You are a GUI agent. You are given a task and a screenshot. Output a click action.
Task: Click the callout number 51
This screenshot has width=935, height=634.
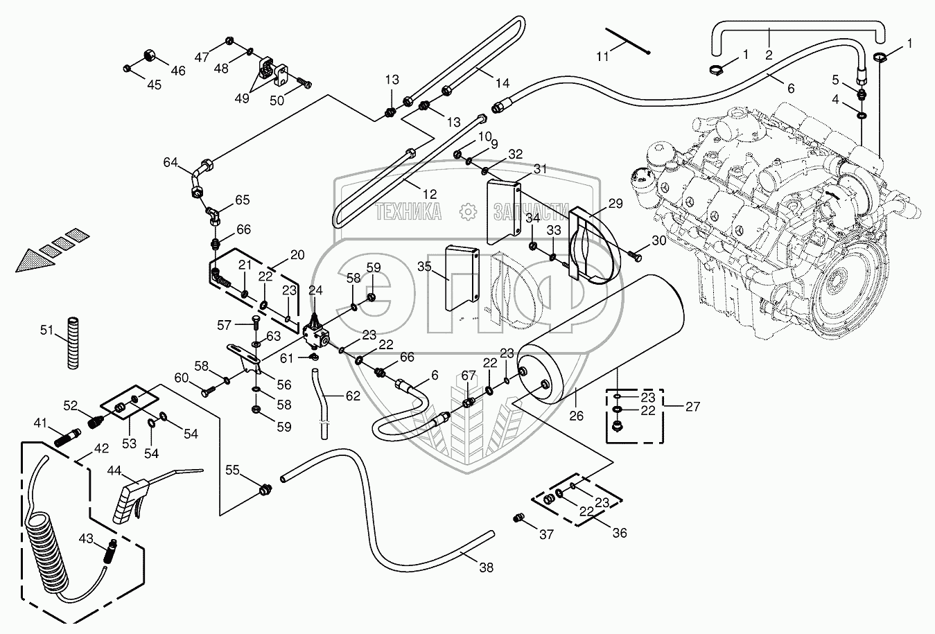tap(46, 330)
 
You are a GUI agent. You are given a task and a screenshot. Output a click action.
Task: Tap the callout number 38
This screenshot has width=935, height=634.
tap(487, 567)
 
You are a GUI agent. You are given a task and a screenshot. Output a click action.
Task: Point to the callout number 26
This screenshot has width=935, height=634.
tap(577, 416)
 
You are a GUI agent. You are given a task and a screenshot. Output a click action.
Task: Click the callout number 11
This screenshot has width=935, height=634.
tap(603, 57)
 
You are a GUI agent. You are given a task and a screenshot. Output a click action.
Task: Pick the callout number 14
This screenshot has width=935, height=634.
tap(502, 83)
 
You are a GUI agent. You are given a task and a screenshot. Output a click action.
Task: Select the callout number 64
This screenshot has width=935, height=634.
tap(171, 163)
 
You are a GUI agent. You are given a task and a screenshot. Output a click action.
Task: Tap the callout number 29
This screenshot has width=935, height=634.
tap(615, 204)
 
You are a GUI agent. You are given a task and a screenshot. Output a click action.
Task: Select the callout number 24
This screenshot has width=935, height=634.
tap(315, 290)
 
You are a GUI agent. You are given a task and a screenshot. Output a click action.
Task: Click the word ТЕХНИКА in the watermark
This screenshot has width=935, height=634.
tap(408, 212)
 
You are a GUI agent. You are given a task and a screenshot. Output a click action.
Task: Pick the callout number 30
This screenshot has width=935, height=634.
tap(658, 240)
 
